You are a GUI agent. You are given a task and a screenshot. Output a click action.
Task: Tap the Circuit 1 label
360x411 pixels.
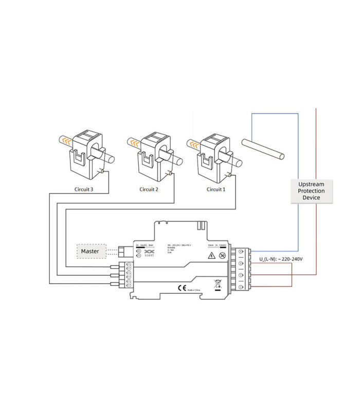tap(215, 189)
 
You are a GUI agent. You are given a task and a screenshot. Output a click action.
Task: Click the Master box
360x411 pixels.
tap(91, 251)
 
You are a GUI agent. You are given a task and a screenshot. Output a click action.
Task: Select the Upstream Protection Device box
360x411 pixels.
tap(312, 191)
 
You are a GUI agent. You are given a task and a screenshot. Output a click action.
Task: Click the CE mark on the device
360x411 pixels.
tap(181, 287)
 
